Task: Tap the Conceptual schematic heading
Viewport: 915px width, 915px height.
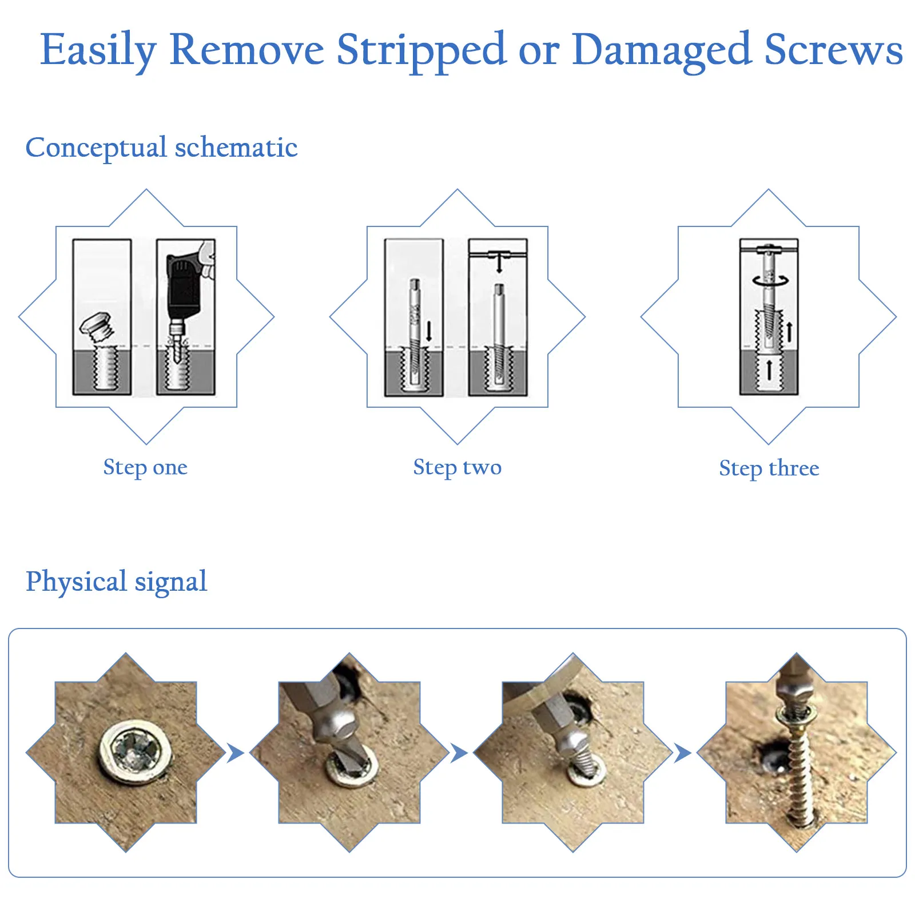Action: (x=161, y=148)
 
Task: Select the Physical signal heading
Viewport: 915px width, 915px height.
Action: (x=116, y=582)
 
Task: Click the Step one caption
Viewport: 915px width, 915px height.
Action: (x=145, y=467)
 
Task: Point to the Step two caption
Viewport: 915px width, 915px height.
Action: (x=457, y=467)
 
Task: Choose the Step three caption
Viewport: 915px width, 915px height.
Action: (x=769, y=468)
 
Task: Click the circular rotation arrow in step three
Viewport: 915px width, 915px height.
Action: (x=770, y=280)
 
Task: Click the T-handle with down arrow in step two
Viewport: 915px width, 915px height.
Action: (x=499, y=258)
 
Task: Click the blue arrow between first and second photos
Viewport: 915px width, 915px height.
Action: (x=235, y=753)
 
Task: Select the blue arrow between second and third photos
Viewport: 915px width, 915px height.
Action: (x=459, y=753)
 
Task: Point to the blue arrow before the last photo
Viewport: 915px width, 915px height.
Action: (x=682, y=753)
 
